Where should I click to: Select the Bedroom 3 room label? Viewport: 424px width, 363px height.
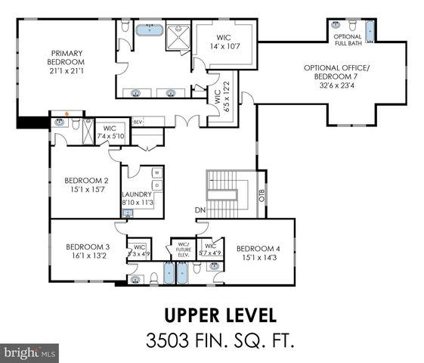pyautogui.click(x=88, y=251)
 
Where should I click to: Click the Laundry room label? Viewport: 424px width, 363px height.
pyautogui.click(x=139, y=198)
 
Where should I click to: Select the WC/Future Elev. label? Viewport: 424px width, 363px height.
pyautogui.click(x=183, y=250)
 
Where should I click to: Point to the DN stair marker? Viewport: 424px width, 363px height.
pyautogui.click(x=201, y=210)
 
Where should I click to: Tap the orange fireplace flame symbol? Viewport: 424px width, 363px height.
pyautogui.click(x=67, y=114)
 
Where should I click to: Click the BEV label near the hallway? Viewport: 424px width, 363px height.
pyautogui.click(x=138, y=121)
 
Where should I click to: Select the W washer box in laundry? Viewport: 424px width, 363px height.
pyautogui.click(x=157, y=172)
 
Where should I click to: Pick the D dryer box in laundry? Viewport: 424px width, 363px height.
pyautogui.click(x=157, y=185)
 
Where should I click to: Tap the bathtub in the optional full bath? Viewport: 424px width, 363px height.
pyautogui.click(x=370, y=31)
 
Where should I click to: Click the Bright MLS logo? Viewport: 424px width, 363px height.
pyautogui.click(x=30, y=352)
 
